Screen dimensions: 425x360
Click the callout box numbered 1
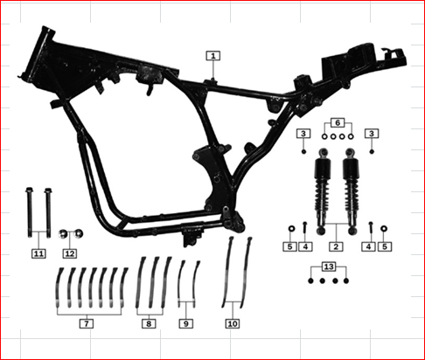[213, 56]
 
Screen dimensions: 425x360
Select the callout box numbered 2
[336, 246]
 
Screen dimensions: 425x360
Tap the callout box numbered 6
[338, 122]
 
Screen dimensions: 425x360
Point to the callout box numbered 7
[87, 323]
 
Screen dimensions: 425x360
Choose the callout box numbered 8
[149, 323]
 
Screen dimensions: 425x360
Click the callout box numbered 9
[186, 323]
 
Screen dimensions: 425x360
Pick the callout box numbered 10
[233, 323]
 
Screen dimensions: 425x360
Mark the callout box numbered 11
[38, 253]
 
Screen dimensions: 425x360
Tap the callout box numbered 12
[70, 253]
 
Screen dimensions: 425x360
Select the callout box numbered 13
[329, 267]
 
